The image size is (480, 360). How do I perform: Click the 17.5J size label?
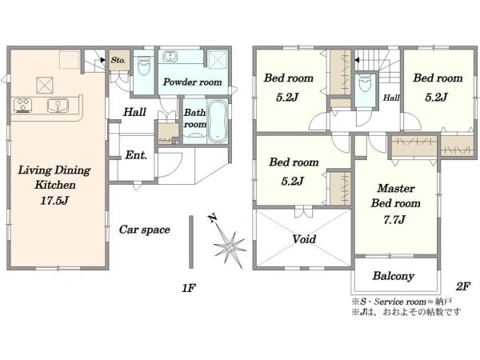54,201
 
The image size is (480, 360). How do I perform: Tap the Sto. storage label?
118,60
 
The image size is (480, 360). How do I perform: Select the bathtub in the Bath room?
218,122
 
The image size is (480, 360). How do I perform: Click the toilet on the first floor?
144,67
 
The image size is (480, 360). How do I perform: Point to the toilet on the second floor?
365,82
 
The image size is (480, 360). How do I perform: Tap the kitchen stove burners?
22,105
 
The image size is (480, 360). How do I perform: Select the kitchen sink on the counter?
58,106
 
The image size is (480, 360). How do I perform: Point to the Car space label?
145,230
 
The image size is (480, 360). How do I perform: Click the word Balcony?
394,276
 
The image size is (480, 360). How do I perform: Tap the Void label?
304,238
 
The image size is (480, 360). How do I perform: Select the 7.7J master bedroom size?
394,219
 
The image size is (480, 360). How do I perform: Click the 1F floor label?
189,288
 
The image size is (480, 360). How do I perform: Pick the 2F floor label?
462,286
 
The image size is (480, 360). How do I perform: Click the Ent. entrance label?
136,155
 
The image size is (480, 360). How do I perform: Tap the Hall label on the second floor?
391,98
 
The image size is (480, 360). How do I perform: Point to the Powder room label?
193,82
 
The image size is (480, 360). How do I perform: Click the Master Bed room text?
396,196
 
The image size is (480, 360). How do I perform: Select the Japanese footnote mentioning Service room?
402,302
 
